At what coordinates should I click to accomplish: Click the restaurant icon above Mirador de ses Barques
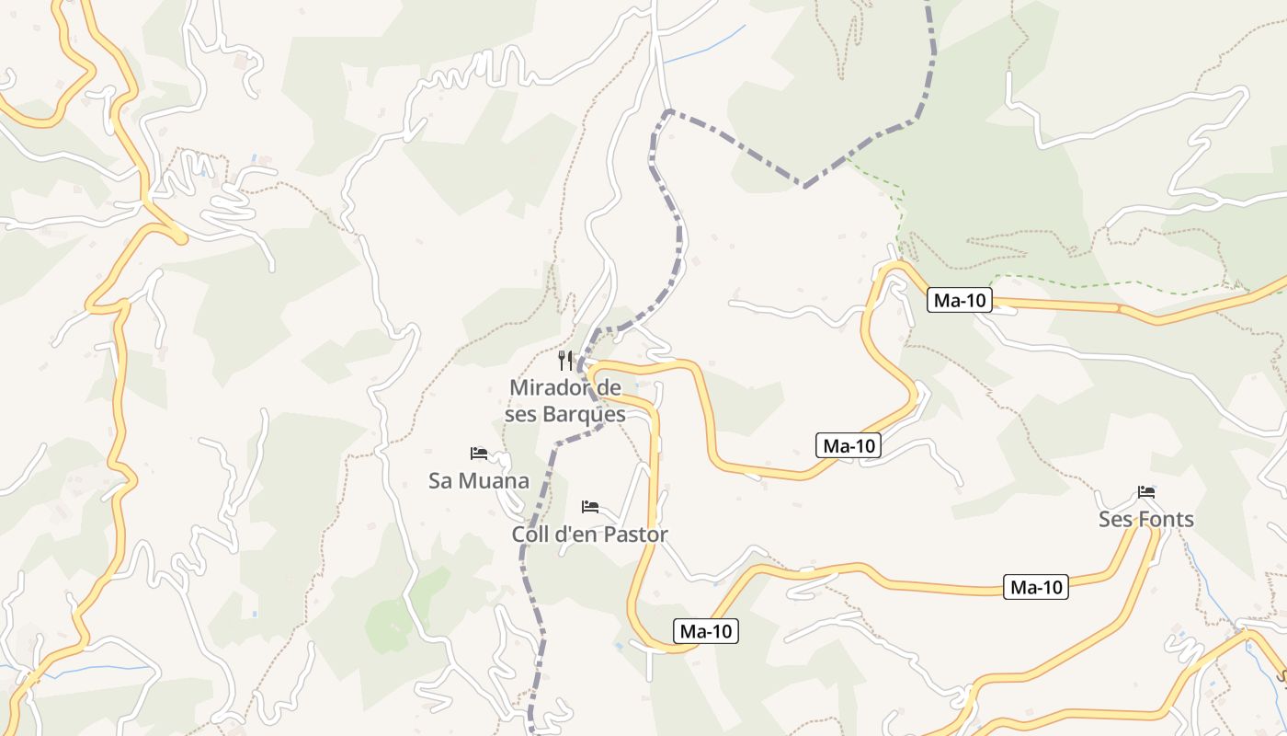(x=565, y=360)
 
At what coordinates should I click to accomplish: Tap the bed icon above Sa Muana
(x=479, y=454)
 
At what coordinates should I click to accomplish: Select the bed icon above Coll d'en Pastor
(x=590, y=507)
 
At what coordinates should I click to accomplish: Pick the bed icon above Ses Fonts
(x=1146, y=492)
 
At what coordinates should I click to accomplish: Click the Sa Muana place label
(x=479, y=480)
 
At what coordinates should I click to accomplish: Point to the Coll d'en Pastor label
(x=590, y=534)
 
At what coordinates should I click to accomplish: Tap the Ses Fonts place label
(x=1146, y=519)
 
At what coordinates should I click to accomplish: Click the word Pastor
(x=636, y=534)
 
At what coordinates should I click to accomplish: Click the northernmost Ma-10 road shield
(x=960, y=300)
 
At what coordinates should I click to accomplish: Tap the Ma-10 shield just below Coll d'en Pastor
(x=706, y=631)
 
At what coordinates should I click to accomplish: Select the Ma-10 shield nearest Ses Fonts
(x=1037, y=587)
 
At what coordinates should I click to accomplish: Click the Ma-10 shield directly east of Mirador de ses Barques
(x=849, y=446)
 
